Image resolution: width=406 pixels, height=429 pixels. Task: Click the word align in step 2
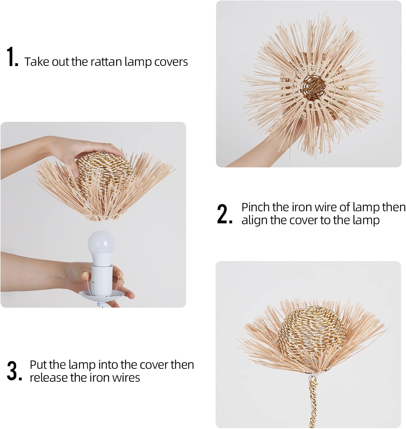255,221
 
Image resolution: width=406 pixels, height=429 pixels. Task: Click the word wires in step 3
126,378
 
